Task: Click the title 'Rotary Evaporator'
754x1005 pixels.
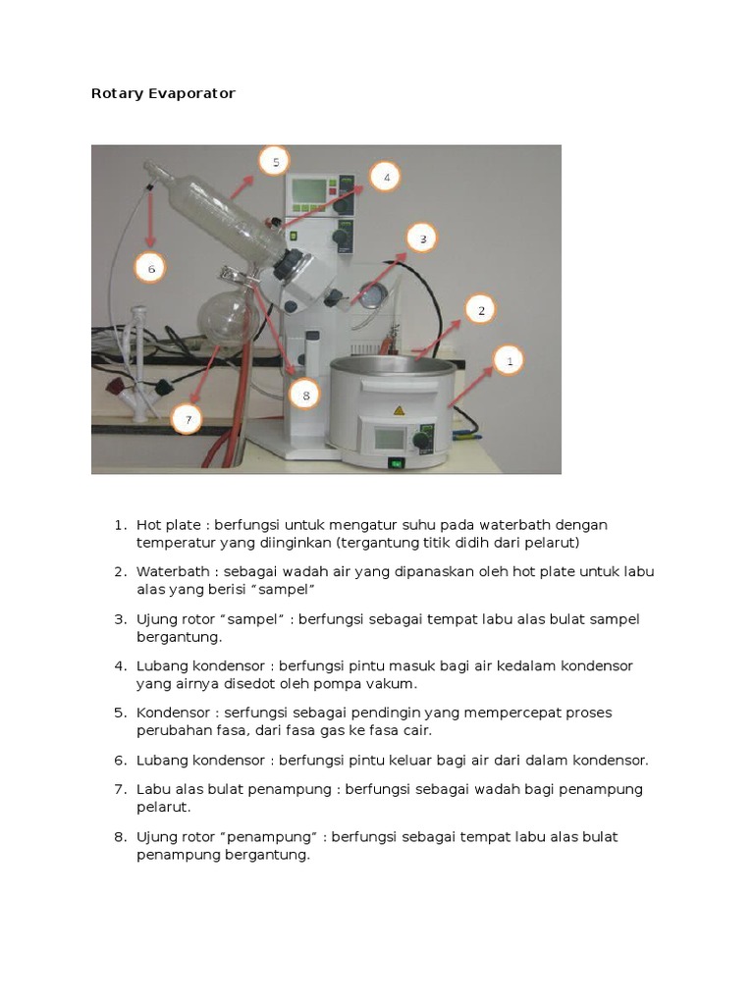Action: point(163,94)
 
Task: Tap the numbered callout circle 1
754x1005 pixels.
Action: point(509,361)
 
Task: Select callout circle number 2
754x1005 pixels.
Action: point(480,310)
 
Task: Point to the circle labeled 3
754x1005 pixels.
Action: point(421,238)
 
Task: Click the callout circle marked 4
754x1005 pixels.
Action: point(386,178)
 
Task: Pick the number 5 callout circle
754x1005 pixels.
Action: point(276,162)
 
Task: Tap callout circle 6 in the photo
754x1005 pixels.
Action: point(151,267)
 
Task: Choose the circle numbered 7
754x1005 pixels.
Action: point(187,420)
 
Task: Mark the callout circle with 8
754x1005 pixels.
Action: point(305,396)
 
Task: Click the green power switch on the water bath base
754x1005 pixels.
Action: point(397,463)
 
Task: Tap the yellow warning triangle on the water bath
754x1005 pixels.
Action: point(399,410)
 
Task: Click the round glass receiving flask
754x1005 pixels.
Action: point(225,318)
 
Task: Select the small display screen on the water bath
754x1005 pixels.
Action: point(390,438)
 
